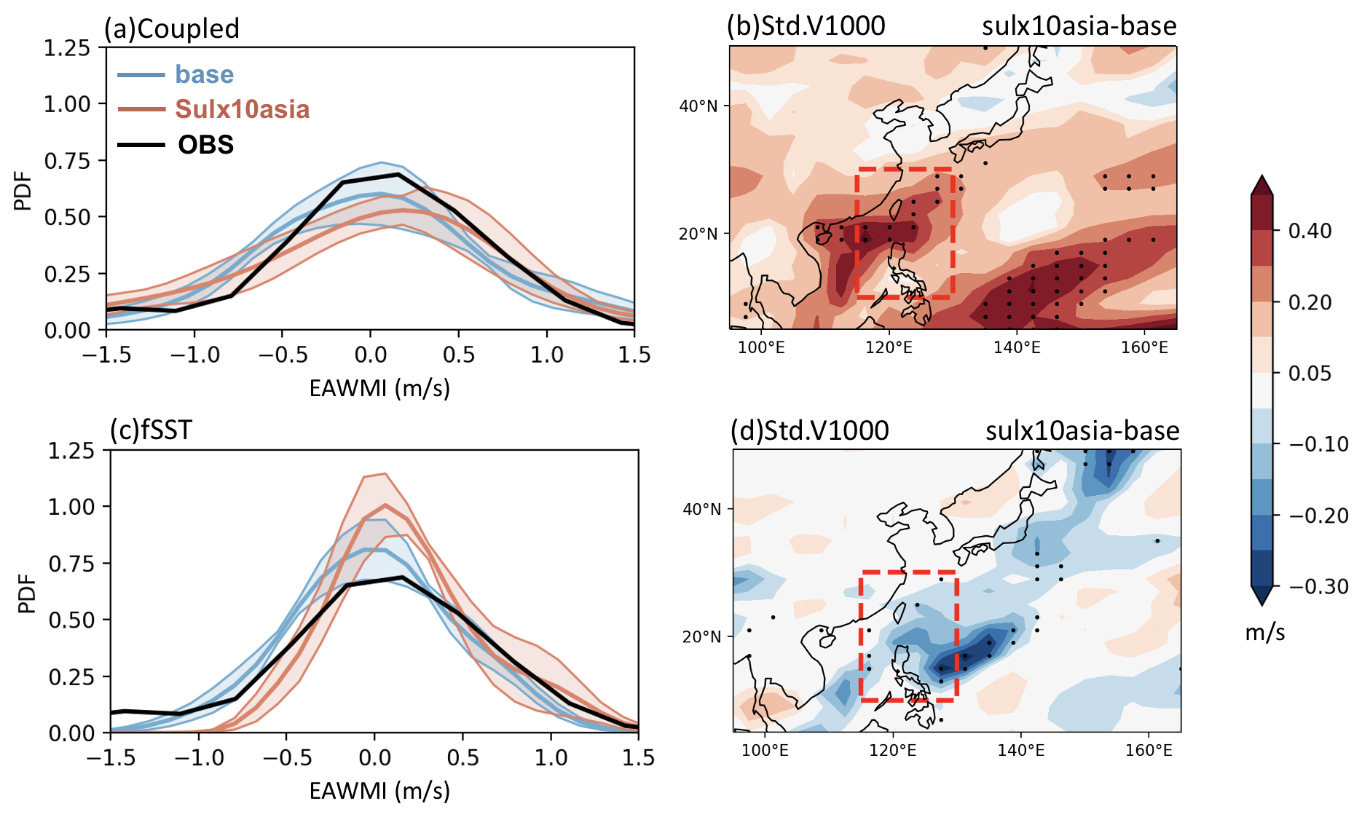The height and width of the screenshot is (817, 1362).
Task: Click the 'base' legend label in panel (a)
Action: click(204, 74)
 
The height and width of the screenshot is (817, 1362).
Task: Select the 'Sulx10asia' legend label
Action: click(242, 109)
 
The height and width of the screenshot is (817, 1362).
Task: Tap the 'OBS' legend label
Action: click(205, 144)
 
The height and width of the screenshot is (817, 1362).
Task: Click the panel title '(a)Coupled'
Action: click(172, 28)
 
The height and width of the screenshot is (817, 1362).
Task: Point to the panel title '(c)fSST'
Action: click(151, 430)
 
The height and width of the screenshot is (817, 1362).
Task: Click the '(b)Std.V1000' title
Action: click(806, 26)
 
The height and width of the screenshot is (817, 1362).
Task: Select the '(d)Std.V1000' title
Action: click(809, 430)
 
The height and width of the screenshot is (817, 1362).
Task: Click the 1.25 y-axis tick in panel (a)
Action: click(67, 48)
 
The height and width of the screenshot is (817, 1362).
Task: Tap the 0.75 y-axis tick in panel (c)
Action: click(71, 564)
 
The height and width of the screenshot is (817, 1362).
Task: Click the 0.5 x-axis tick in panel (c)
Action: click(462, 758)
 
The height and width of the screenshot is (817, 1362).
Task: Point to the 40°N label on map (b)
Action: click(698, 106)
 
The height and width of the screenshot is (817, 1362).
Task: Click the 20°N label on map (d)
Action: click(701, 636)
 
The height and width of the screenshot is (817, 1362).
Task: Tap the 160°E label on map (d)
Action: click(1148, 750)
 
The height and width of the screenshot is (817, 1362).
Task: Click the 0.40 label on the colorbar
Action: click(1310, 231)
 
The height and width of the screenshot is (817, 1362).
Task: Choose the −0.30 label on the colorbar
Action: click(1318, 586)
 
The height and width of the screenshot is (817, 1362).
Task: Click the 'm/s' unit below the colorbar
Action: click(1264, 632)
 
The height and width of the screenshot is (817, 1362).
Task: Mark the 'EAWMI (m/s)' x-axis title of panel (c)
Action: click(379, 791)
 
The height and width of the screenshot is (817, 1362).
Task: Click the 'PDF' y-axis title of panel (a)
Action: click(23, 191)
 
